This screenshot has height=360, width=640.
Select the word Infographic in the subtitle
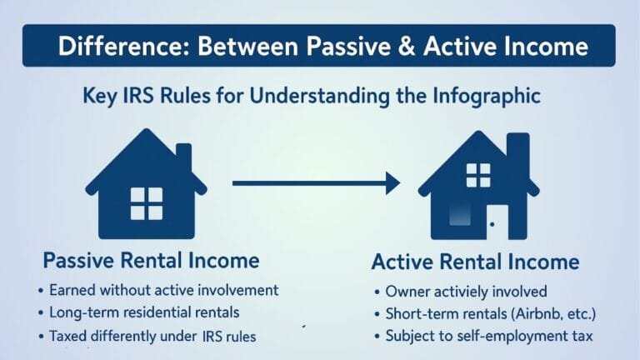(487, 97)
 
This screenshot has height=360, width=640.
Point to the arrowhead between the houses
(392, 183)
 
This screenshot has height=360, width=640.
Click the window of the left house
(147, 203)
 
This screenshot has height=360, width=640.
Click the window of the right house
(478, 175)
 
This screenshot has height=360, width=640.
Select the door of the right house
(497, 222)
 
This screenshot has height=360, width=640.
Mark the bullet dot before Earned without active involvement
(40, 291)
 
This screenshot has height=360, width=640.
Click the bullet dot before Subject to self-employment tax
(377, 337)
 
